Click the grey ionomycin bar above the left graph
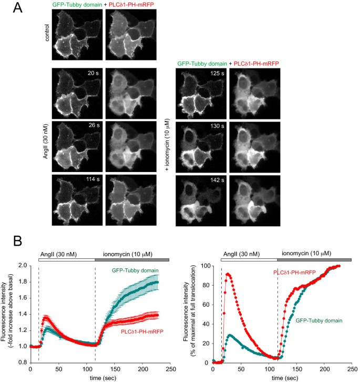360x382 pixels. pyautogui.click(x=131, y=259)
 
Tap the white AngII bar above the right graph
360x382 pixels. pyautogui.click(x=249, y=259)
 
